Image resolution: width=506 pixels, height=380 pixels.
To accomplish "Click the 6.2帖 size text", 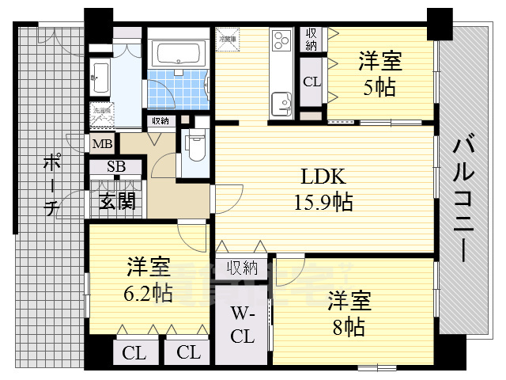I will (146, 292).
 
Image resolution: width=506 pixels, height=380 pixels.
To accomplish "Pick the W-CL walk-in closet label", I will (242, 324).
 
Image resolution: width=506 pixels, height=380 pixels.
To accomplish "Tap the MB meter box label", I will (102, 144).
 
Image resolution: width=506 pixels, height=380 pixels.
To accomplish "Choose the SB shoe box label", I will (116, 167).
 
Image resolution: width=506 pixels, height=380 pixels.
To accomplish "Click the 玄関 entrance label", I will (117, 200).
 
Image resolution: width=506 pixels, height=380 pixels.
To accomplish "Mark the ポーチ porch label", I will (51, 187).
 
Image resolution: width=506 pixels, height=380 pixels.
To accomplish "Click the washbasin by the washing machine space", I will (100, 76).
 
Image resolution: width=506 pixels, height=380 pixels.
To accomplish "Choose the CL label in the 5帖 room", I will (312, 82).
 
